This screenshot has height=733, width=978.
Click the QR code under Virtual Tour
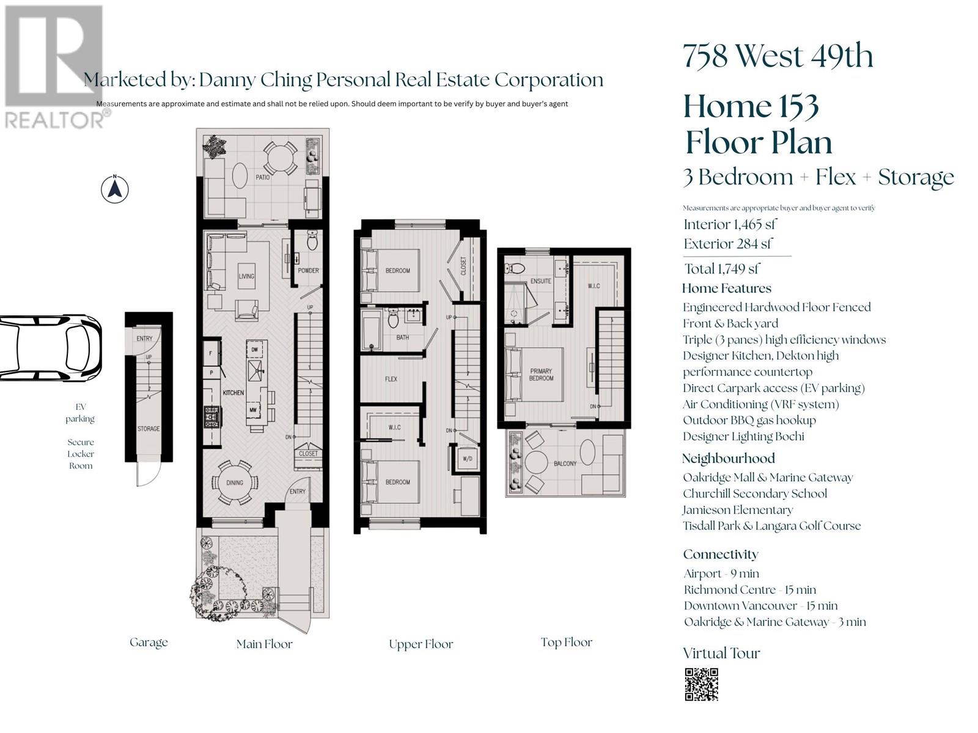click(701, 684)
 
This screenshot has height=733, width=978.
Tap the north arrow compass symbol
click(114, 189)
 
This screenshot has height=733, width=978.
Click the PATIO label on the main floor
click(263, 178)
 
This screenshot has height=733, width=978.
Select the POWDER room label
click(308, 271)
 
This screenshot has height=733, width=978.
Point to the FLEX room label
click(391, 379)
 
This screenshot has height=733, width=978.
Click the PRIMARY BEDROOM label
click(541, 374)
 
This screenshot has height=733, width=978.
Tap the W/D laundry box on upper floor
click(468, 459)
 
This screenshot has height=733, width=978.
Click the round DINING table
click(235, 482)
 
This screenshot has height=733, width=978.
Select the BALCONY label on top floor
click(565, 464)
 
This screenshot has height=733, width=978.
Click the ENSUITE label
click(540, 281)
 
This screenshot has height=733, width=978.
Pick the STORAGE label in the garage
click(148, 429)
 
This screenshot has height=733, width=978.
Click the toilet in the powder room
click(312, 242)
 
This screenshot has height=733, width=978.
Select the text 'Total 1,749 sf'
click(721, 269)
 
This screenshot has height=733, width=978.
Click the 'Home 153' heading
click(751, 106)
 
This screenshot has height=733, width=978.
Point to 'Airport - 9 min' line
click(721, 574)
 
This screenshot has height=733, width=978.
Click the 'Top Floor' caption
click(566, 642)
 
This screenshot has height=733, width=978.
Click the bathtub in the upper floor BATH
click(372, 330)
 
